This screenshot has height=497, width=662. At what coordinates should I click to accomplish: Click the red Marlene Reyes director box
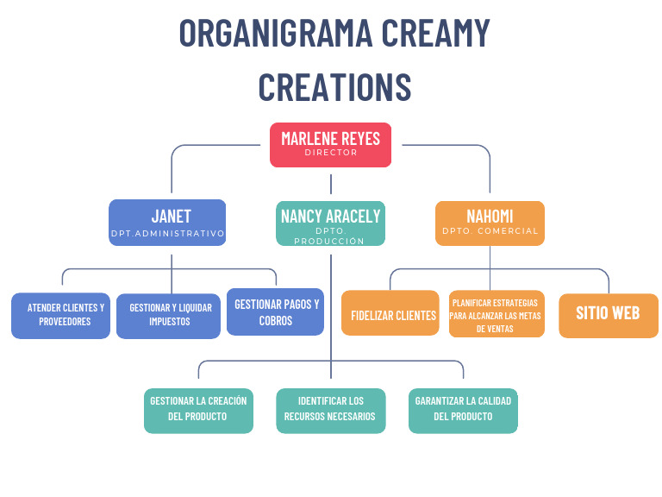click(330, 145)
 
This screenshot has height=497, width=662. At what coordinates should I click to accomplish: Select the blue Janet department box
click(167, 223)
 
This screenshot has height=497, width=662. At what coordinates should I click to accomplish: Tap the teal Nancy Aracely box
click(330, 223)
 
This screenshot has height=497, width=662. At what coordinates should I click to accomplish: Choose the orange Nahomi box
click(490, 223)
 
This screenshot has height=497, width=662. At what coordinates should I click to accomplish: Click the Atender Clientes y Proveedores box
click(60, 315)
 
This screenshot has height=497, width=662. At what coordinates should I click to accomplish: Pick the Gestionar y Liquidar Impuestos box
click(168, 315)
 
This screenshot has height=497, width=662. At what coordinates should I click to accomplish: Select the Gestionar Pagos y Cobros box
click(276, 311)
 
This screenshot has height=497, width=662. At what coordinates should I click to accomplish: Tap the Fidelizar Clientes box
click(390, 313)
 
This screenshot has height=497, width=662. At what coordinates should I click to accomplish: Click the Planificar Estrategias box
click(496, 314)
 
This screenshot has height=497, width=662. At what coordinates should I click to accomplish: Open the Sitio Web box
click(609, 314)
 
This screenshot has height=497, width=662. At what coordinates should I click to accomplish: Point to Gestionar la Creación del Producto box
click(198, 409)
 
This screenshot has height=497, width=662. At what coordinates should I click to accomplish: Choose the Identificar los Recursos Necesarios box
click(330, 409)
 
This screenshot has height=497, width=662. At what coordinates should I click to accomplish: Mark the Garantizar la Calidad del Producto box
click(463, 409)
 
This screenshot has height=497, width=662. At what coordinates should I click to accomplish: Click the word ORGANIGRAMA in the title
click(276, 34)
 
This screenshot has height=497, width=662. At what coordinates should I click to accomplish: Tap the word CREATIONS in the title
click(334, 87)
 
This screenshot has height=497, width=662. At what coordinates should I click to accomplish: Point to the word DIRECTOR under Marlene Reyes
click(330, 153)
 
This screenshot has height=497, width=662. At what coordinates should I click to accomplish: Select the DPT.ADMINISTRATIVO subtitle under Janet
click(167, 234)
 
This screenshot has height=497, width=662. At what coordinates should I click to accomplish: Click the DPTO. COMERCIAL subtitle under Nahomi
click(490, 231)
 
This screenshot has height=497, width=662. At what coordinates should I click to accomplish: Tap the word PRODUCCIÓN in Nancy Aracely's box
click(330, 241)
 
